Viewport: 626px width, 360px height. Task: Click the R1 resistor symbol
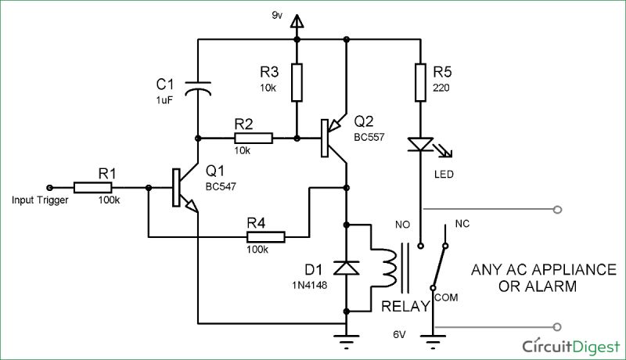click(x=93, y=188)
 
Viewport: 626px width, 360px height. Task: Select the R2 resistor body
click(x=254, y=138)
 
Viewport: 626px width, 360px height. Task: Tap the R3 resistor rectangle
click(x=297, y=83)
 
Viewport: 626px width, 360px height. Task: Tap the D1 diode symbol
click(x=345, y=268)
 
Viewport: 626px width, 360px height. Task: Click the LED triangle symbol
click(x=421, y=145)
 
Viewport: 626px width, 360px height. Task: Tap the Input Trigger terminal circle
click(x=49, y=188)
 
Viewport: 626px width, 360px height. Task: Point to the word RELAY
click(x=404, y=307)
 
